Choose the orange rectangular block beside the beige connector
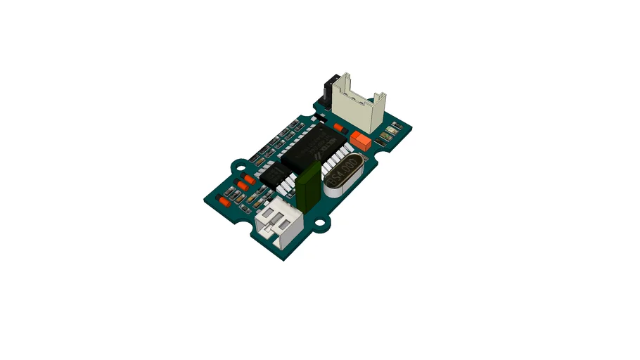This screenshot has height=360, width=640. pos(362,140)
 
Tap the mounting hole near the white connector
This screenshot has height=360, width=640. pos(321,224)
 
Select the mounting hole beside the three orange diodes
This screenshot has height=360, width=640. pos(239,167)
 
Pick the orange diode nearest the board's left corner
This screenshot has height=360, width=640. pos(223,201)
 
